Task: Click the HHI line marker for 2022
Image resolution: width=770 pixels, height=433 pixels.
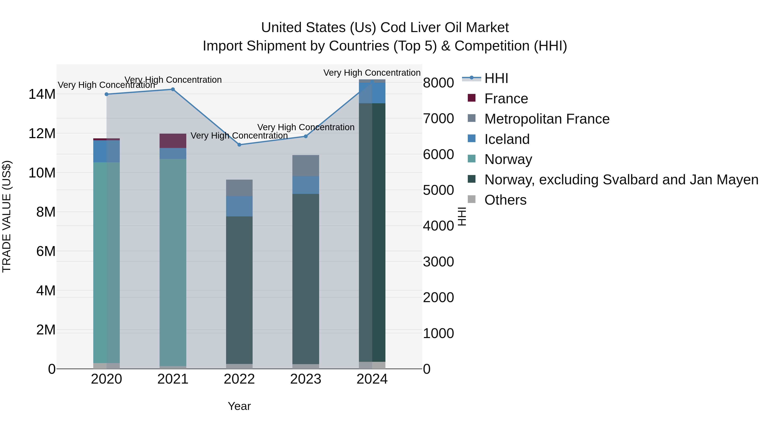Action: pos(239,145)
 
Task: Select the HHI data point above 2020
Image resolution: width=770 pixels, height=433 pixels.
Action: pos(107,94)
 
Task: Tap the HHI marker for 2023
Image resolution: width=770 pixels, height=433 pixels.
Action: pos(305,136)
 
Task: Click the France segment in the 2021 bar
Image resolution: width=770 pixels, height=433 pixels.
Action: pos(173,141)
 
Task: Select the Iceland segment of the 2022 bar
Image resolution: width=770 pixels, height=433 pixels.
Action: pos(239,206)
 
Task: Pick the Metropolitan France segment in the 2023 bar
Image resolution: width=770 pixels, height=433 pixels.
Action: pos(305,166)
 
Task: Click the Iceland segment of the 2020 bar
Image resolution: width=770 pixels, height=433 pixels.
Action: pos(107,151)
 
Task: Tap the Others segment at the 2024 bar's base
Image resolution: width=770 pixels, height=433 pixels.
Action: pos(372,365)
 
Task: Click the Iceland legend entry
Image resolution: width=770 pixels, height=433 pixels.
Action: pos(507,139)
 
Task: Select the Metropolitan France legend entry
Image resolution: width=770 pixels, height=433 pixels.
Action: pos(546,119)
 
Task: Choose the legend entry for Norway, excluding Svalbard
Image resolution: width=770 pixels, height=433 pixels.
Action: pos(621,180)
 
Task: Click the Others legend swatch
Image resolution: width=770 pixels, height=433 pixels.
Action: pos(471,199)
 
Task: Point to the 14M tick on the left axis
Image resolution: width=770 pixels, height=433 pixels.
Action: pos(42,94)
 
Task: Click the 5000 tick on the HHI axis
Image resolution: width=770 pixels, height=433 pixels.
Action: pos(438,190)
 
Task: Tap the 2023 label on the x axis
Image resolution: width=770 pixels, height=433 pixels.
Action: pos(305,379)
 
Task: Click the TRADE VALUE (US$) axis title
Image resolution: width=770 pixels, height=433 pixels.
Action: pos(7,216)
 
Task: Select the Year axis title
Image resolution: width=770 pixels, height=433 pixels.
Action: pos(239,406)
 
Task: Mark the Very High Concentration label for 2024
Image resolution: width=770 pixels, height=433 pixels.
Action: pos(372,73)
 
